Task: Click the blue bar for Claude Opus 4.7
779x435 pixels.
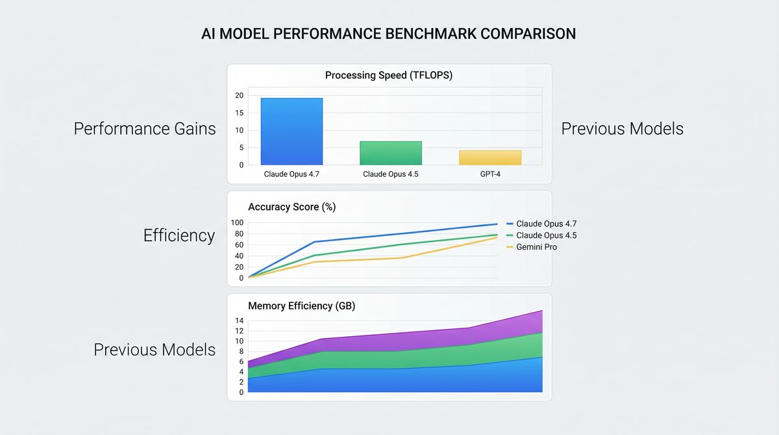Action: [x=291, y=131]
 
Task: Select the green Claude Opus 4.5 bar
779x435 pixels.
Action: [x=391, y=153]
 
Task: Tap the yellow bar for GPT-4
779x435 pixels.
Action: [x=490, y=157]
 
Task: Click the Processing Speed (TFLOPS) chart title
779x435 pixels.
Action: [x=389, y=75]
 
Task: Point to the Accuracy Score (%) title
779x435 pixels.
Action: [x=291, y=207]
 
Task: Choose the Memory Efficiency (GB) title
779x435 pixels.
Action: [x=301, y=306]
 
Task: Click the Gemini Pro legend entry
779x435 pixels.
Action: [x=536, y=247]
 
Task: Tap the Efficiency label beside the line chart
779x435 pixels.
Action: [x=179, y=235]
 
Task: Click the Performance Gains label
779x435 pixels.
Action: [x=145, y=129]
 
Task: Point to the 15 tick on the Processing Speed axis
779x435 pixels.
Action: [x=239, y=113]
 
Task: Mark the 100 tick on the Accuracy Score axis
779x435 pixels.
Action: [x=237, y=222]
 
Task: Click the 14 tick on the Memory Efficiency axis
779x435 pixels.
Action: [x=239, y=321]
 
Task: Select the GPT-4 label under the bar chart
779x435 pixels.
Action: [x=490, y=174]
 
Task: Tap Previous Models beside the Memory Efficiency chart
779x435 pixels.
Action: [x=155, y=350]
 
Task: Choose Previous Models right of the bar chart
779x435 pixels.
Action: [x=622, y=129]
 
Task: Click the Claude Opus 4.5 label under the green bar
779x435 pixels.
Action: [x=391, y=174]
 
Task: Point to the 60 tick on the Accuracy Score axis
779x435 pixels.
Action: [x=239, y=245]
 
